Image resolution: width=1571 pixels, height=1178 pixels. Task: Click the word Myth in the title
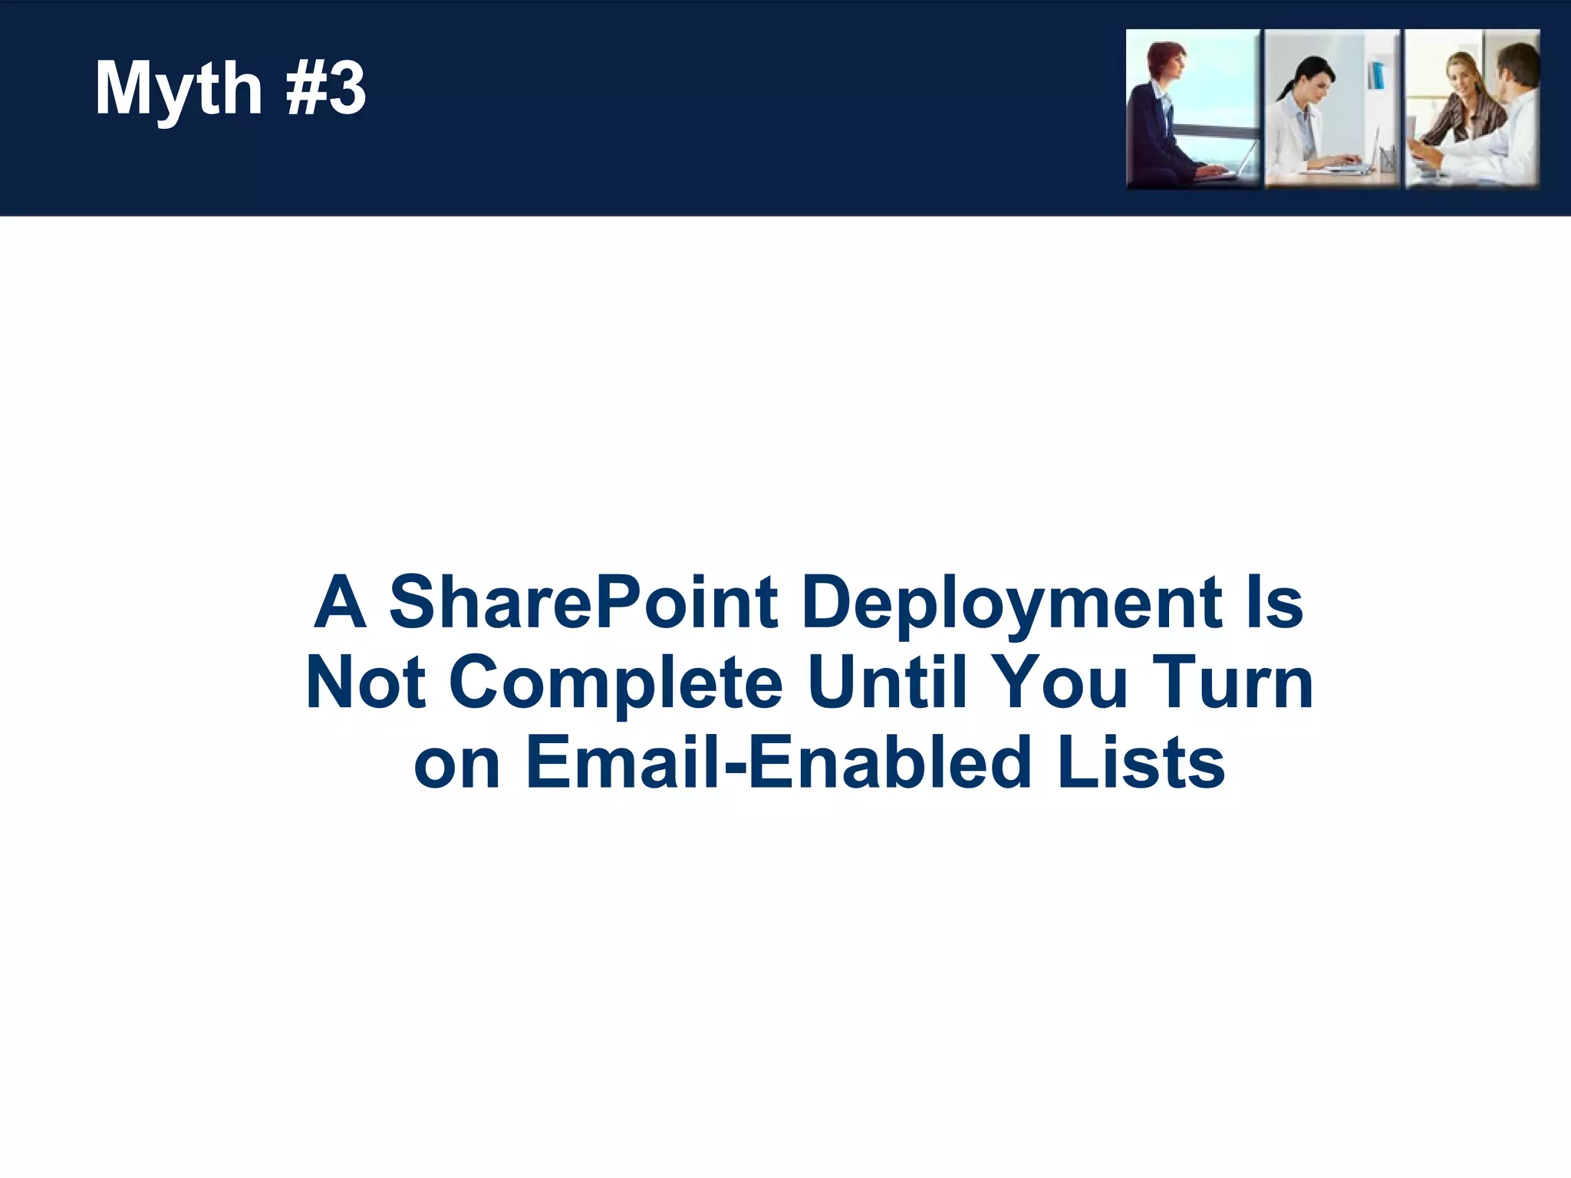[178, 90]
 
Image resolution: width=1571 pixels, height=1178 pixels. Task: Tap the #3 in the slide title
[325, 89]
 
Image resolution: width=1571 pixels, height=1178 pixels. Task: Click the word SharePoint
[584, 602]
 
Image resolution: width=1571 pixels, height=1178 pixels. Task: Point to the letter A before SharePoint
[338, 602]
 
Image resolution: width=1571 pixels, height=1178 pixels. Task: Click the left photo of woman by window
[1193, 109]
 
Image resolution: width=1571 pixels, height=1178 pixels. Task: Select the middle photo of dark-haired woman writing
[1332, 109]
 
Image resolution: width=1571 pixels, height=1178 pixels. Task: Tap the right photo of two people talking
[1472, 109]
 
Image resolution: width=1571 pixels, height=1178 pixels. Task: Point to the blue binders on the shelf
[1377, 75]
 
